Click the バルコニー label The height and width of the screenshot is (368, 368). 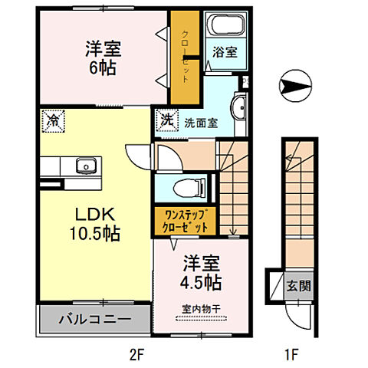pyautogui.click(x=95, y=318)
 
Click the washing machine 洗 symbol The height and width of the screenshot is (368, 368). pyautogui.click(x=166, y=120)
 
